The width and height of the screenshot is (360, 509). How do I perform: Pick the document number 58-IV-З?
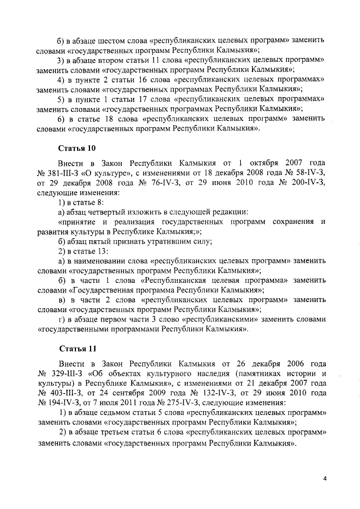tap(306, 173)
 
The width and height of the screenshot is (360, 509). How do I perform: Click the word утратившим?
tap(160, 242)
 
